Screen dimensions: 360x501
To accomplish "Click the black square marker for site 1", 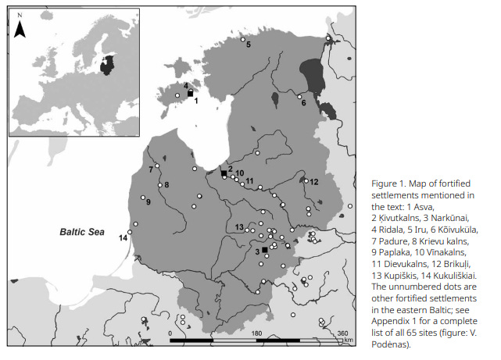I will (190, 93).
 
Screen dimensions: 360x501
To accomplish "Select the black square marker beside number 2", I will (223, 173).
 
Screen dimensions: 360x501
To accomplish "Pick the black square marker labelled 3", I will (265, 249).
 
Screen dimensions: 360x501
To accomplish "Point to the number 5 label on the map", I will (249, 45).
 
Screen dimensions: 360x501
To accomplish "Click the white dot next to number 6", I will (300, 97).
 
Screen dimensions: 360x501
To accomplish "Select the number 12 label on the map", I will (314, 181).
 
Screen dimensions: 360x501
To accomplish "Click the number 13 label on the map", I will (239, 226).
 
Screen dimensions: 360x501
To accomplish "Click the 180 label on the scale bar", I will (256, 333).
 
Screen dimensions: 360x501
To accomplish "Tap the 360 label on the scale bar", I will (342, 333).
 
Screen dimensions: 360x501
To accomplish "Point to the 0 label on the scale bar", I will (170, 333).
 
